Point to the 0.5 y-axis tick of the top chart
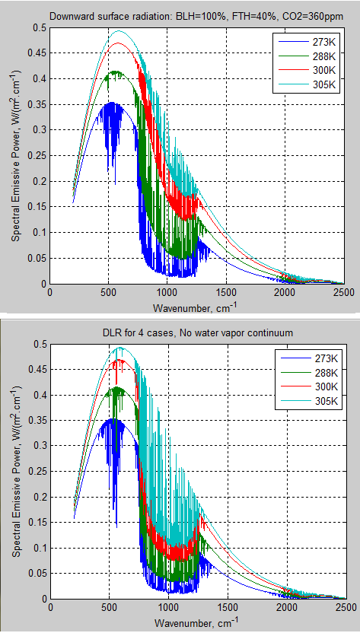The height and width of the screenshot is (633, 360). click(x=38, y=27)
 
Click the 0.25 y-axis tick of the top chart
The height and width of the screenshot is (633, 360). click(x=36, y=156)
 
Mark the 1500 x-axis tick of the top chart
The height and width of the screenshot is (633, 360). click(x=226, y=291)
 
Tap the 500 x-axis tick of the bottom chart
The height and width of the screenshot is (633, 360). click(x=108, y=609)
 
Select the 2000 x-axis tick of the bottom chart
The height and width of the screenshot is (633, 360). click(x=285, y=609)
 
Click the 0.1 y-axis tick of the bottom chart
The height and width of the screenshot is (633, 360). click(x=38, y=548)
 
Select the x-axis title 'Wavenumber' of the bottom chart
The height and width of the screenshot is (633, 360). click(x=197, y=623)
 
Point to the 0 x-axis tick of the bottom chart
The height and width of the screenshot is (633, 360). click(x=49, y=609)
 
